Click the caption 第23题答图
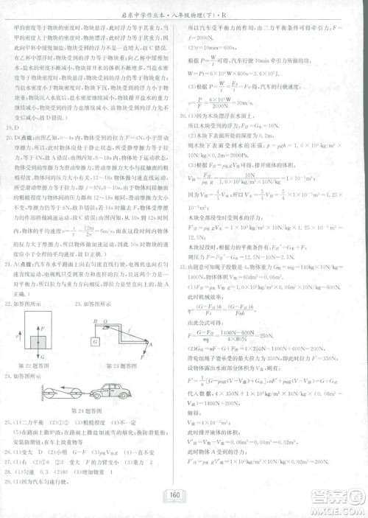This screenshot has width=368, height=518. pos(121,365)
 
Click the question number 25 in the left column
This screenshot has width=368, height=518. pos(9,422)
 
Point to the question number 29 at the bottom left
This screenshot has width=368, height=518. pos(9,480)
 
